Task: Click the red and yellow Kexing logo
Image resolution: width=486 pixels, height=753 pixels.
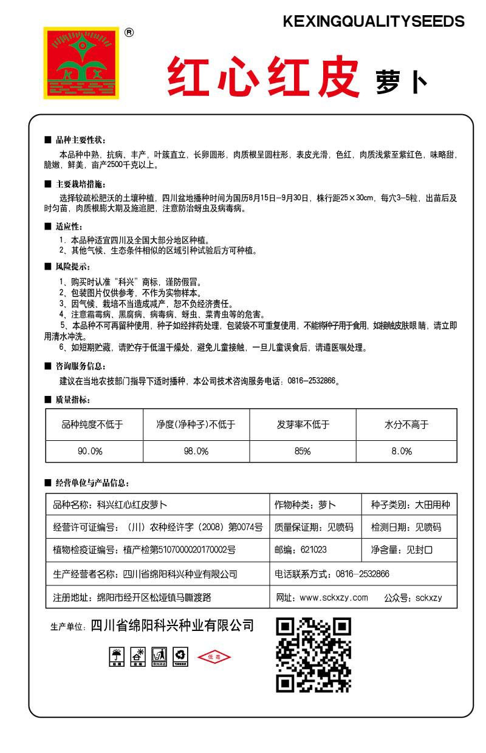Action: point(81,62)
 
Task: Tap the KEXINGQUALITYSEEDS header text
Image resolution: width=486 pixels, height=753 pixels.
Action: point(374,22)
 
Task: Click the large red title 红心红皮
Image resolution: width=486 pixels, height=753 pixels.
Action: point(264,78)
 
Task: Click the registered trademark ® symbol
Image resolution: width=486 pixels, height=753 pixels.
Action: point(129,33)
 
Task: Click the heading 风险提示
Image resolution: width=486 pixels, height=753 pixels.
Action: point(72,267)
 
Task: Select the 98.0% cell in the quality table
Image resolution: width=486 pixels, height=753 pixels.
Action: point(196,451)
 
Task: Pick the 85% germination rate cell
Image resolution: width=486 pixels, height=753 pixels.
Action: point(302,451)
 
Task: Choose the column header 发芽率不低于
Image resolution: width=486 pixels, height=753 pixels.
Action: point(302,424)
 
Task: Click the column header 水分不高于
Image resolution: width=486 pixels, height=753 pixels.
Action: point(406,424)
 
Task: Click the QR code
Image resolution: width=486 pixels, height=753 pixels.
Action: point(313,655)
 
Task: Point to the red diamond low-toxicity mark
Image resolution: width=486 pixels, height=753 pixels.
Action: point(214,657)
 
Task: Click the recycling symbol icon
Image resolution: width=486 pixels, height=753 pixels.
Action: point(180,655)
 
